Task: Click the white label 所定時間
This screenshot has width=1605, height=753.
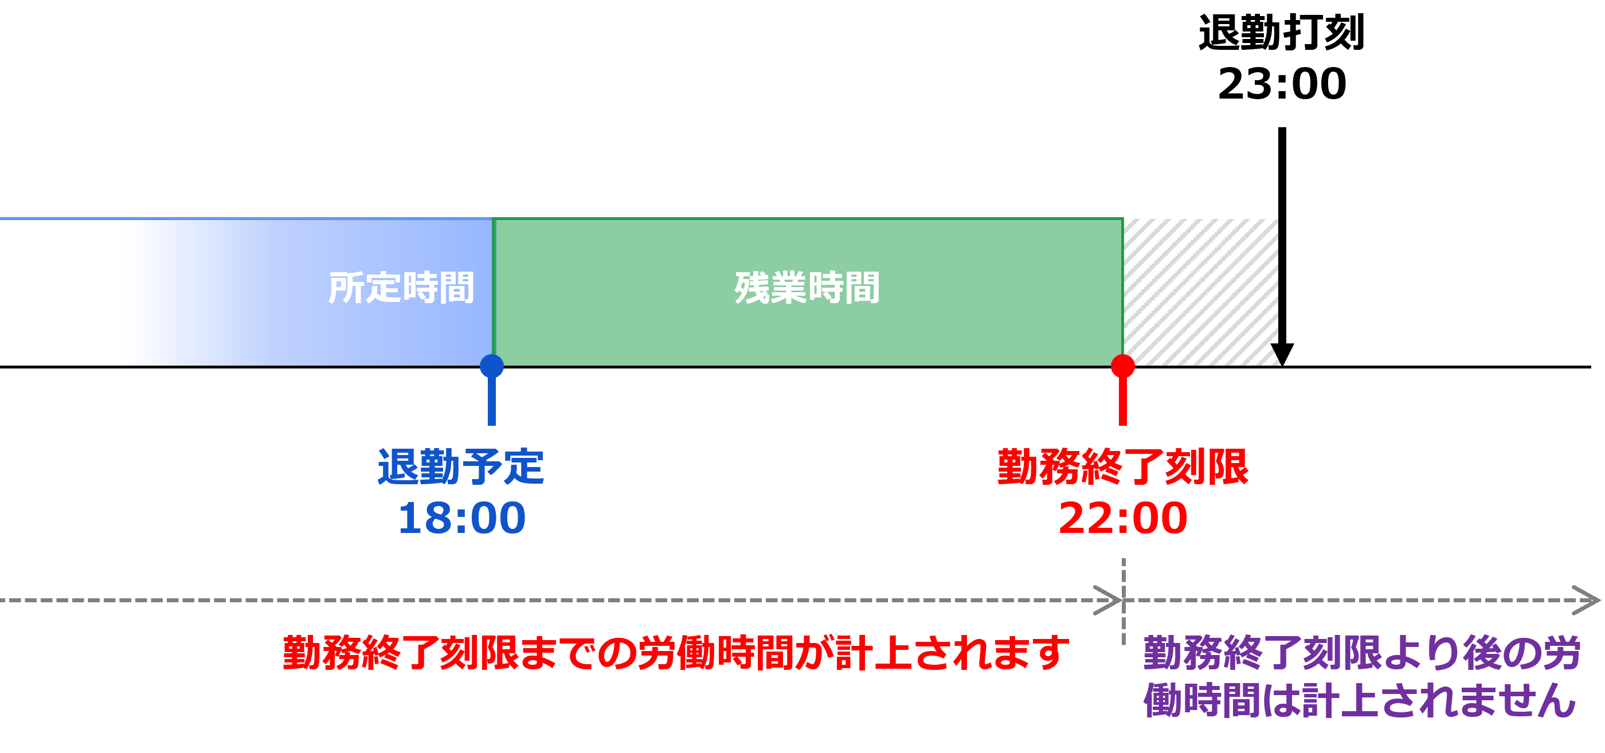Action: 401,288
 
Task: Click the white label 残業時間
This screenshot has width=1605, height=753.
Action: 807,288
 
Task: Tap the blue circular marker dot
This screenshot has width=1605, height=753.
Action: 492,366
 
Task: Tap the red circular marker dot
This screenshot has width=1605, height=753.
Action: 1123,366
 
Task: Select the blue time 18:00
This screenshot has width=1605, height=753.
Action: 461,518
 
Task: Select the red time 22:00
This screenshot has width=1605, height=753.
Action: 1123,518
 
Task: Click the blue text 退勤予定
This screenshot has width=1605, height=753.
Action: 461,467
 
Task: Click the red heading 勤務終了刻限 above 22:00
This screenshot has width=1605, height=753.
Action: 1123,467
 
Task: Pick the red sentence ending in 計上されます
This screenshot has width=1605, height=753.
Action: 676,653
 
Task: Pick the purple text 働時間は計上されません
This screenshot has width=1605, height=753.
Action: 1360,701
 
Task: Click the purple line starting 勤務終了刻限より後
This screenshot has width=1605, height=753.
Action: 1362,653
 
